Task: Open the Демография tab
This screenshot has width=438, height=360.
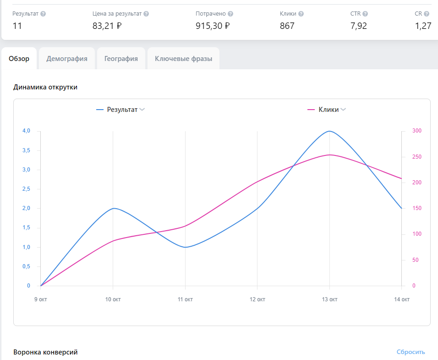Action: click(67, 59)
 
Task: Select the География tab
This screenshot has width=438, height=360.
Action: click(121, 59)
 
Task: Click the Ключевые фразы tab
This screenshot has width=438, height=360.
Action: click(184, 59)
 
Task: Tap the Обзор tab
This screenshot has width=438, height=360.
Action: click(19, 59)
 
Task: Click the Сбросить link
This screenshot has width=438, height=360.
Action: click(411, 352)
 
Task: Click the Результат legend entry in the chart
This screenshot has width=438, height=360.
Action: click(120, 110)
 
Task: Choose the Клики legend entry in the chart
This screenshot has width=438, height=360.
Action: click(327, 110)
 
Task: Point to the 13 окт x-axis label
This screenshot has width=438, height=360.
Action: click(329, 299)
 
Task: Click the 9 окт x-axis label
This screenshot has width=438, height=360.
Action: click(40, 299)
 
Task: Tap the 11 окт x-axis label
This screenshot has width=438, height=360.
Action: click(185, 299)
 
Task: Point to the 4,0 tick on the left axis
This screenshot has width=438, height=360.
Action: click(26, 131)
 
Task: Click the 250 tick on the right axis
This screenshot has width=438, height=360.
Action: click(417, 157)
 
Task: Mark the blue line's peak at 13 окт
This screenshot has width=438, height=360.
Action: click(329, 131)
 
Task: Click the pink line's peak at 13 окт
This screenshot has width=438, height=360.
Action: click(329, 155)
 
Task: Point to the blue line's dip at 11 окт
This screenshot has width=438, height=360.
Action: click(185, 247)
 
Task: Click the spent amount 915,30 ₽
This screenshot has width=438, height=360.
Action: click(213, 26)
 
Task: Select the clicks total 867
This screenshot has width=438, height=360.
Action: click(287, 26)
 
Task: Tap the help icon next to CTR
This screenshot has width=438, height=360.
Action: click(365, 14)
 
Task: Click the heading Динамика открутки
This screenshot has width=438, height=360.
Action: click(45, 87)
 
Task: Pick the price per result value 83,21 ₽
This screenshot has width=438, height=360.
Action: click(107, 26)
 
